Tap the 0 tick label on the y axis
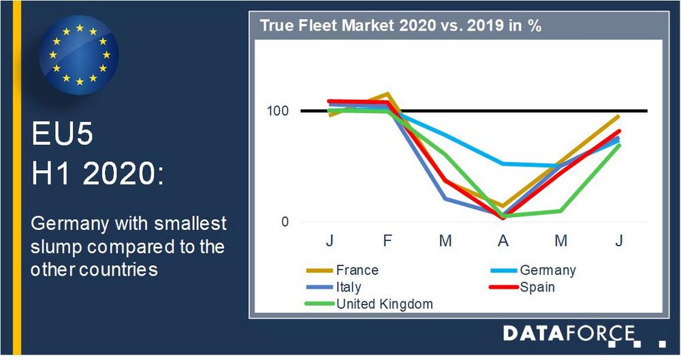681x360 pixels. (x=285, y=222)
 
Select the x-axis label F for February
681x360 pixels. (x=387, y=241)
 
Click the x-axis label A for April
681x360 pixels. (x=503, y=241)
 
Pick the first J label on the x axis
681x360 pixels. (x=330, y=241)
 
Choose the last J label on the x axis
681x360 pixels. (x=618, y=241)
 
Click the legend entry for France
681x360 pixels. (x=357, y=270)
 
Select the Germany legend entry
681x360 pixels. (x=547, y=270)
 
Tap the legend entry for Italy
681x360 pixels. (x=349, y=287)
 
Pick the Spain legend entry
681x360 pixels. (x=537, y=287)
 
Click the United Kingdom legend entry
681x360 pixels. (x=384, y=304)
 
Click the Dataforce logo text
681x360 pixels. (x=569, y=333)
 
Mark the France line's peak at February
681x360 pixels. (x=387, y=94)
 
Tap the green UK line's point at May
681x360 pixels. (x=560, y=211)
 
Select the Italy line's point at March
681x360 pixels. (x=445, y=199)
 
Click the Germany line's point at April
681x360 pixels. (x=503, y=163)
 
